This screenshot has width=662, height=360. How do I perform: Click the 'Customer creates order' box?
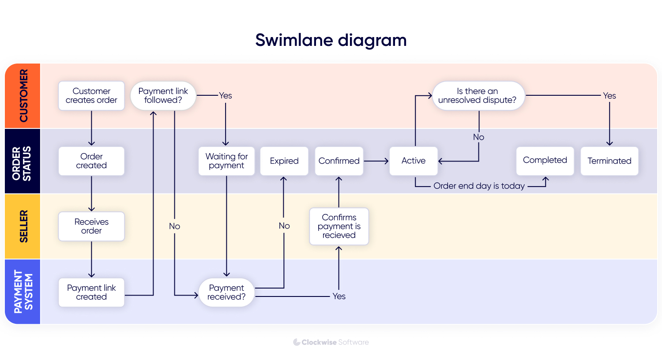91,96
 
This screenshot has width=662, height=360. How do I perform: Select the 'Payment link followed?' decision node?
163,96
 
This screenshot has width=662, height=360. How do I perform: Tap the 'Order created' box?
91,161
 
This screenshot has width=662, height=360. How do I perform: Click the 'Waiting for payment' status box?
226,161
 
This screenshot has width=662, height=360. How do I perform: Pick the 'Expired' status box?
284,161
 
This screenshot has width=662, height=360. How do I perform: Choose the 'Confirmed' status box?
339,161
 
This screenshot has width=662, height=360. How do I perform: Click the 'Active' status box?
414,161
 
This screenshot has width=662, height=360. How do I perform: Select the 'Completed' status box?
545,161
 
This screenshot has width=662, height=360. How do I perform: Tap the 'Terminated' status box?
609,161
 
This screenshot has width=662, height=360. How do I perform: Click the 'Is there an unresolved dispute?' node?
478,96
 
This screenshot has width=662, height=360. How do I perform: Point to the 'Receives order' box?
91,226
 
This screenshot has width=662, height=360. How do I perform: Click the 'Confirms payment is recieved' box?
339,226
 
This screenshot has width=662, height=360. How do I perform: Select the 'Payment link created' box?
91,292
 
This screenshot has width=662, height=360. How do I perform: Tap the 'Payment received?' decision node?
226,292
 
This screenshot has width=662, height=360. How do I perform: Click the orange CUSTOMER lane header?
23,96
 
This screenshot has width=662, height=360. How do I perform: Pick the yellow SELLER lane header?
23,226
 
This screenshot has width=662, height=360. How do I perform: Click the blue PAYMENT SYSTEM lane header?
23,292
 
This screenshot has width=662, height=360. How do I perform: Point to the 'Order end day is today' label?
479,186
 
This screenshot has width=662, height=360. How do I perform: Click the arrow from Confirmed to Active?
376,161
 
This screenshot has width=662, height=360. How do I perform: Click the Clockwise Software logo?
331,342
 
